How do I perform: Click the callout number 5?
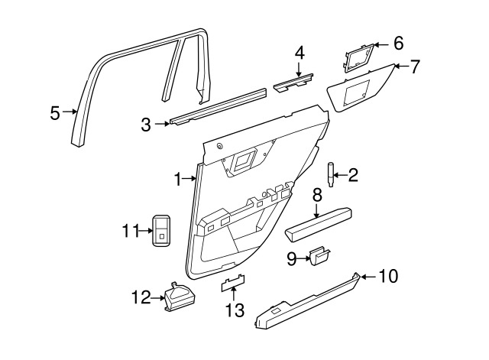coord(55,113)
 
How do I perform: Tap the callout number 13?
coord(235,310)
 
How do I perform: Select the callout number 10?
coord(388,276)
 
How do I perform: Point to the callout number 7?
coord(414,66)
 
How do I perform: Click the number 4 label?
coord(300,54)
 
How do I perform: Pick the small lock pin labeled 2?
coord(330,175)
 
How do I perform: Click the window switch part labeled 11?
coord(161,230)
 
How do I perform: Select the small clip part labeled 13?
coord(233,283)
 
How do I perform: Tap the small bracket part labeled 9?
coord(319,255)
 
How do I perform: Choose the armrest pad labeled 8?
coord(319,225)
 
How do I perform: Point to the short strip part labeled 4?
coord(293,83)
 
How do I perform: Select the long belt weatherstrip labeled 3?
coord(219,107)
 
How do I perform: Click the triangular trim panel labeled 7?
coord(360,88)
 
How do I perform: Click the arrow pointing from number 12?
coord(158,298)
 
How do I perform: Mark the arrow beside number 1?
coord(189,178)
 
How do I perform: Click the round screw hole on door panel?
coord(220,146)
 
